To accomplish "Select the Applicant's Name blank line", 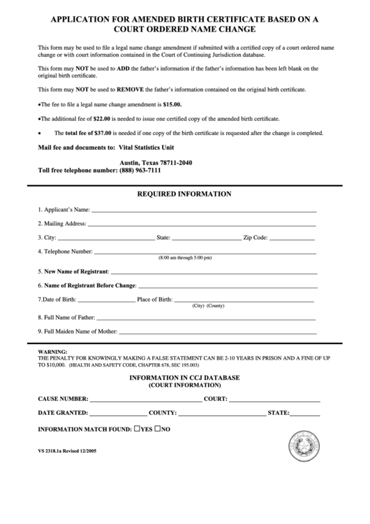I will pyautogui.click(x=204, y=210).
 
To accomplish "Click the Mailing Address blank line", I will pyautogui.click(x=202, y=224).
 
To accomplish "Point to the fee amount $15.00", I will pyautogui.click(x=172, y=104).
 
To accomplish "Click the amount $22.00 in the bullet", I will pyautogui.click(x=103, y=118).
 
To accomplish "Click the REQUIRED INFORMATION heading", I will pyautogui.click(x=184, y=194).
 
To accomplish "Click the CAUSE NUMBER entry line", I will pyautogui.click(x=145, y=400).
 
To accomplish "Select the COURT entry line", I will pyautogui.click(x=275, y=400).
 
